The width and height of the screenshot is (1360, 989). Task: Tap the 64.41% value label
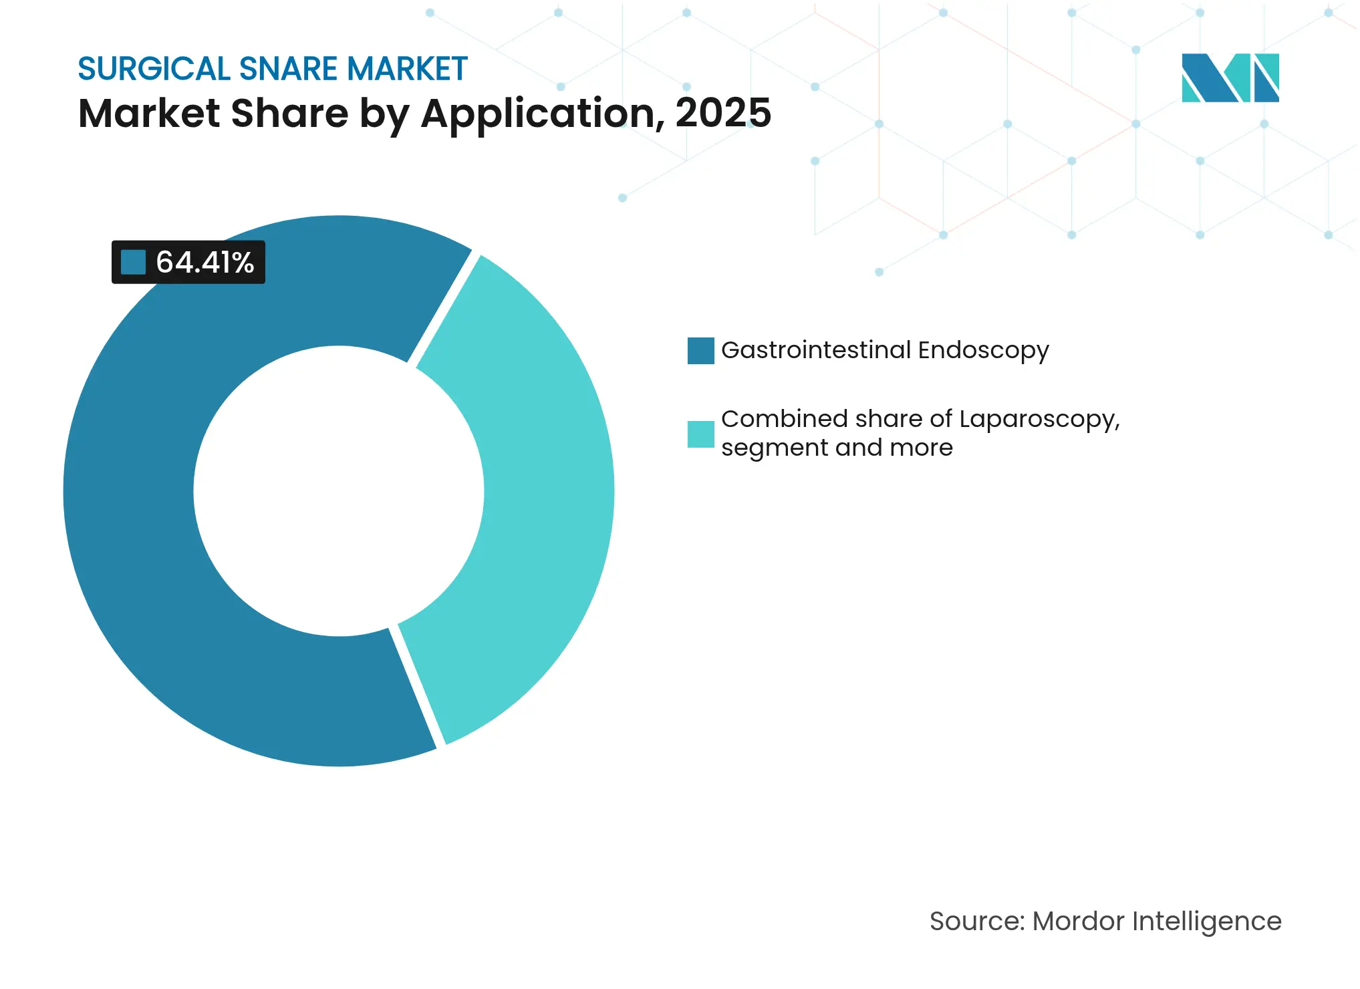pos(205,262)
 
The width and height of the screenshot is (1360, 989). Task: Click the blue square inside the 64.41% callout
pos(133,262)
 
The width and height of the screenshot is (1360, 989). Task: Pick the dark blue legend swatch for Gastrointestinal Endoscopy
pos(700,351)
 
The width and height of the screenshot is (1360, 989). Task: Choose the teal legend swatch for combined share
pos(700,434)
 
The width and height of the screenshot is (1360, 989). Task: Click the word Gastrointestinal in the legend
pos(816,350)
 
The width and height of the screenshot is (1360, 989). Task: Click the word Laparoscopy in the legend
pos(1039,420)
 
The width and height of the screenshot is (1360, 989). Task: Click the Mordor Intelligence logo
pos(1230,78)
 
